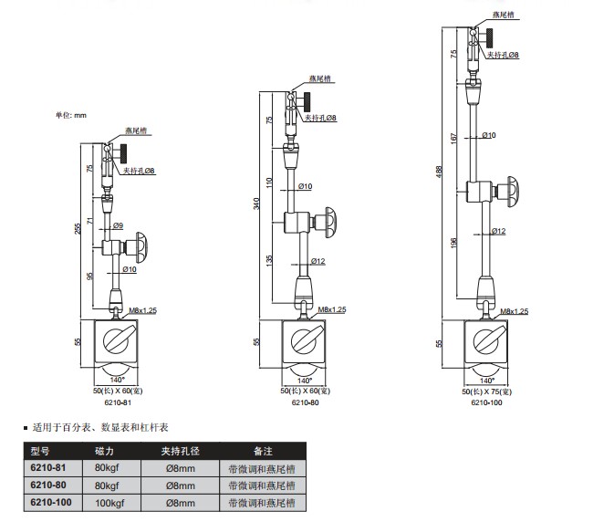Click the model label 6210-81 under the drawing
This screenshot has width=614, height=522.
118,402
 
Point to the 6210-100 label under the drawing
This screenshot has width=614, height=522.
487,402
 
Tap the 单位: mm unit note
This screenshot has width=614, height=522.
70,115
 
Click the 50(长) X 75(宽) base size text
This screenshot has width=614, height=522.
488,391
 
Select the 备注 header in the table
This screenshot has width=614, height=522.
263,451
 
